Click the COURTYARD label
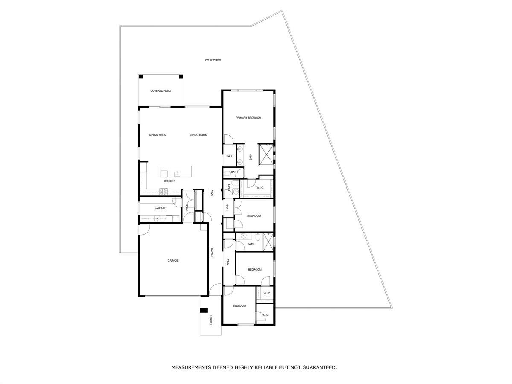(x=212, y=61)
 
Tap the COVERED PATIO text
(x=160, y=91)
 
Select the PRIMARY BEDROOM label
(x=248, y=118)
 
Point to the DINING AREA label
(x=157, y=135)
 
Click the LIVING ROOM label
(x=198, y=135)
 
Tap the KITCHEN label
(x=170, y=181)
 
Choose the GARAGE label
(x=173, y=260)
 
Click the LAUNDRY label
(x=160, y=208)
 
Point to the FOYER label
(x=212, y=252)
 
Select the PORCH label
(x=211, y=320)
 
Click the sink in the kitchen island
(x=177, y=173)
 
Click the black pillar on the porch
(x=204, y=310)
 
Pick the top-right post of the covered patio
(x=181, y=76)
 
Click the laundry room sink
(x=157, y=219)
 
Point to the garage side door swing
(x=144, y=229)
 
